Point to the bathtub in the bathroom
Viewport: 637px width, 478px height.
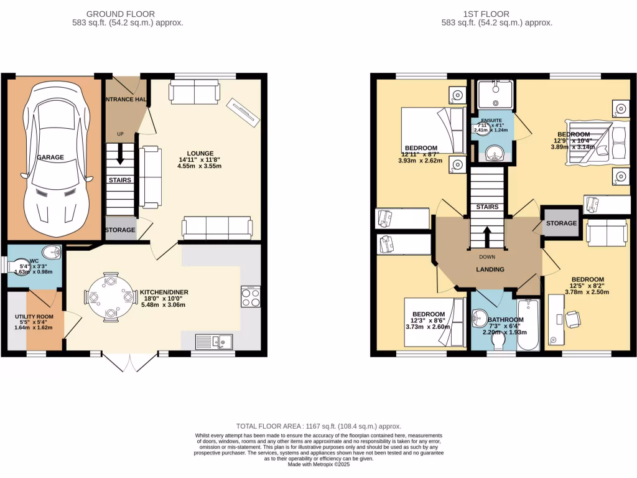(x=529, y=324)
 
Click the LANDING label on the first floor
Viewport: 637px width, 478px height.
(x=490, y=269)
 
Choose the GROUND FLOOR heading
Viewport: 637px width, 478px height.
(x=121, y=14)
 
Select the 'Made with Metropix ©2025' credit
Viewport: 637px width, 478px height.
(x=318, y=464)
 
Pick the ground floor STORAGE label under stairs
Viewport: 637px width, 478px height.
(x=119, y=230)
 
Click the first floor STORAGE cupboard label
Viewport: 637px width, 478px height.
(x=561, y=223)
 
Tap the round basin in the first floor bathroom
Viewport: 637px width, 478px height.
(x=481, y=319)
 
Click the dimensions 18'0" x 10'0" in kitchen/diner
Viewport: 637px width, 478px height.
(x=164, y=299)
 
